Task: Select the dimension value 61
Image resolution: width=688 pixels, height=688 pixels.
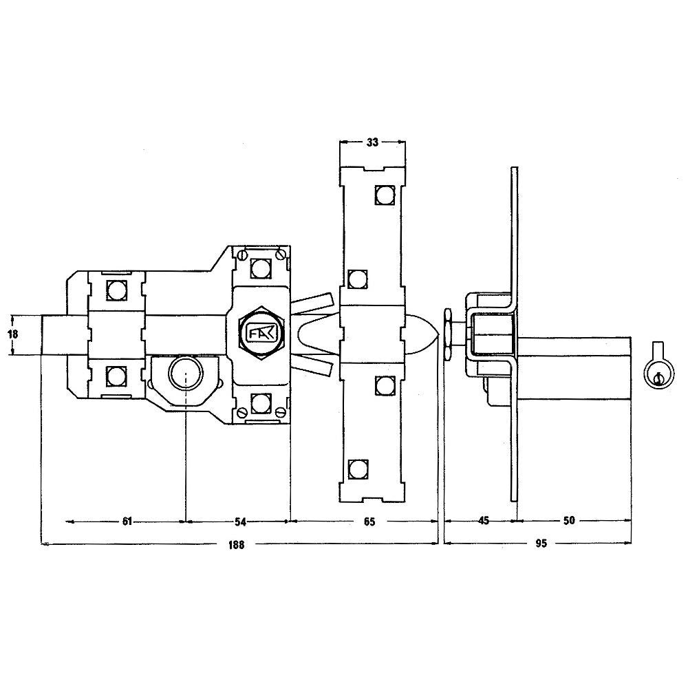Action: click(127, 522)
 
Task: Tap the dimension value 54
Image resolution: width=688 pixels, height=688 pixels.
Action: click(240, 522)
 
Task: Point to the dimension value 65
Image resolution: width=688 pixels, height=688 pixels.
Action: click(369, 522)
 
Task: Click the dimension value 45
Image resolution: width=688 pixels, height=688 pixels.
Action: click(483, 520)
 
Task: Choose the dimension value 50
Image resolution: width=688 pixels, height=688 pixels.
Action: click(569, 520)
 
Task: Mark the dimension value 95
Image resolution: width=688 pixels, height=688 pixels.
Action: click(541, 544)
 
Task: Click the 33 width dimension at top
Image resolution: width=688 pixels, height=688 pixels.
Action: click(372, 142)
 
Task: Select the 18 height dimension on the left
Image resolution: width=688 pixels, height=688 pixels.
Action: click(13, 334)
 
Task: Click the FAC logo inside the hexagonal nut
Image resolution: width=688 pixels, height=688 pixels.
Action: click(261, 332)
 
